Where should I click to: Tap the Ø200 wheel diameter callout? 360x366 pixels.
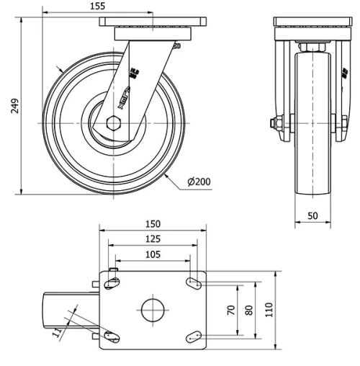tap(198, 182)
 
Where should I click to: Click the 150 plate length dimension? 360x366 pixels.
tap(153, 224)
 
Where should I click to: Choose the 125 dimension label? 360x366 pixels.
tap(153, 239)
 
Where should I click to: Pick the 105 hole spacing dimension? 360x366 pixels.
tap(153, 254)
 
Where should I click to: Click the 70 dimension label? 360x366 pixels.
tap(231, 309)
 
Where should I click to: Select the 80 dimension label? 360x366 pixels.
tap(249, 309)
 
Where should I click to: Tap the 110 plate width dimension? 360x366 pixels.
tap(269, 310)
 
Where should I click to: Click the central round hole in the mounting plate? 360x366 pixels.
tap(153, 310)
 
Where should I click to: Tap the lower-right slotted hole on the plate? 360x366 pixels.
tap(194, 334)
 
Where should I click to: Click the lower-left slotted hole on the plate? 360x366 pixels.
tap(111, 335)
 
